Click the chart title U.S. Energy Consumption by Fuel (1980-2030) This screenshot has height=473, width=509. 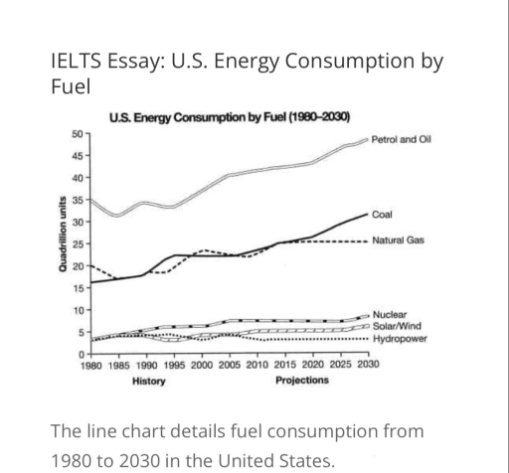pos(235,118)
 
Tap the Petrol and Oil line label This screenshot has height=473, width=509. pos(401,141)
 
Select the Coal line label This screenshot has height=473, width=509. pos(383,214)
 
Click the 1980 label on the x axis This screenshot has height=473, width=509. pos(90,365)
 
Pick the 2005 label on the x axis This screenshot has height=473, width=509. pos(230,365)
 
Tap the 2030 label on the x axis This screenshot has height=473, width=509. pos(368,365)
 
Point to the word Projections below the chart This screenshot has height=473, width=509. pos(301,380)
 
